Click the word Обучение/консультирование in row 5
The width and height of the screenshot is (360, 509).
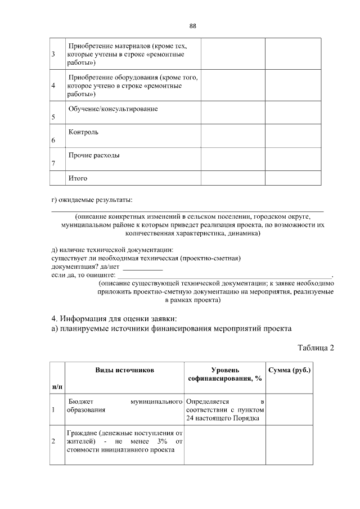tap(112, 109)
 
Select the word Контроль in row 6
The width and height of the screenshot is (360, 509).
tap(83, 132)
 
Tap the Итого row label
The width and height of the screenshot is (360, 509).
tap(78, 178)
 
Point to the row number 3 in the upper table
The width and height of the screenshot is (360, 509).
tap(53, 55)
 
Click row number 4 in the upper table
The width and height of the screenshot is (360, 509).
tap(53, 86)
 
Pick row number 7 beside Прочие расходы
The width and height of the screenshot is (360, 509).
tap(53, 163)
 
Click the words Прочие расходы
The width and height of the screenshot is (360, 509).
tap(93, 155)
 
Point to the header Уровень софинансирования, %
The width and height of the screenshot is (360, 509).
tap(225, 374)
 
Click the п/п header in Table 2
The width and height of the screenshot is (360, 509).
tap(57, 388)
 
